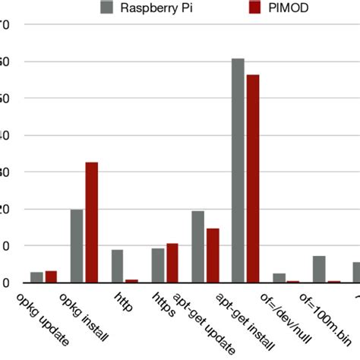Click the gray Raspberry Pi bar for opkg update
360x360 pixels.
coord(36,277)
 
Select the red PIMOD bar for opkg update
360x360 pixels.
coord(51,276)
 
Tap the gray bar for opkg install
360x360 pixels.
coord(77,245)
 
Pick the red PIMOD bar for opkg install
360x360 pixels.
coord(91,222)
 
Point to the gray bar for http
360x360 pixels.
coord(117,266)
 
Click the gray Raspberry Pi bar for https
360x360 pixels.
coord(157,265)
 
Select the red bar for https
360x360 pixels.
coord(172,263)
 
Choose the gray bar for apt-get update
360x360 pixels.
coord(197,246)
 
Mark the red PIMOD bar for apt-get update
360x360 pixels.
coord(213,255)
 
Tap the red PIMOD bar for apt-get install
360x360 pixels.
coord(253,178)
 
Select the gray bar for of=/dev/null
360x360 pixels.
coord(279,278)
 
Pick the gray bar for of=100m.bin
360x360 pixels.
coord(319,269)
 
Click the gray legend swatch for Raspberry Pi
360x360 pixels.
coord(106,8)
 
